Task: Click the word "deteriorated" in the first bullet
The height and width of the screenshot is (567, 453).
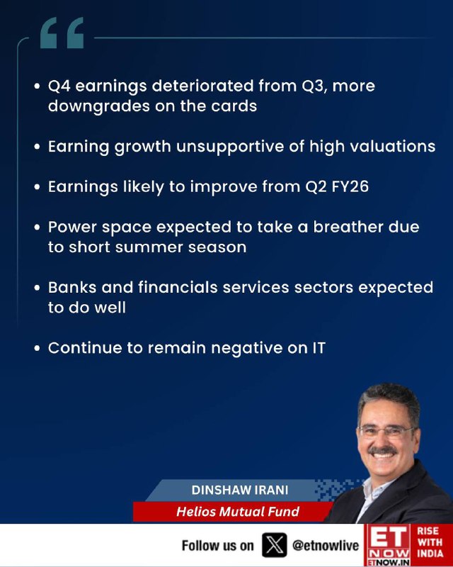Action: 202,86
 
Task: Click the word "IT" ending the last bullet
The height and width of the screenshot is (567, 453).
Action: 319,348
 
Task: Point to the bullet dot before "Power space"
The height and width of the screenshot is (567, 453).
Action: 37,228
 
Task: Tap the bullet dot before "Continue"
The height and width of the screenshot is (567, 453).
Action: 37,348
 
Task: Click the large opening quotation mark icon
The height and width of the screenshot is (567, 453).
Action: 62,33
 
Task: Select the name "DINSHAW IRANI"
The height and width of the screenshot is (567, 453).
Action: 240,490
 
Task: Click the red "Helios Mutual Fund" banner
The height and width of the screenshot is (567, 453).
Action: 233,511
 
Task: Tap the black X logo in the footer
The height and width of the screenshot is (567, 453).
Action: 275,544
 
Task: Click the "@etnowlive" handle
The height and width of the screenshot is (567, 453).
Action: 326,545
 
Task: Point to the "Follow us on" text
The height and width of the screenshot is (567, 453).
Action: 218,545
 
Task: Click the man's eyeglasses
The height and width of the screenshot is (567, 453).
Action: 385,432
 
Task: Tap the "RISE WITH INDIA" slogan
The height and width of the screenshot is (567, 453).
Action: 430,542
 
